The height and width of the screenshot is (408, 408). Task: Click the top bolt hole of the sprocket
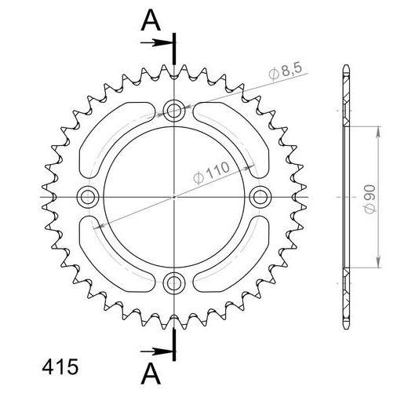pos(173,110)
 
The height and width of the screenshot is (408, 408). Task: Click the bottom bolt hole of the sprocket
pos(173,280)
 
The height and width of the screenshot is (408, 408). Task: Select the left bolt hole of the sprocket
pos(88,195)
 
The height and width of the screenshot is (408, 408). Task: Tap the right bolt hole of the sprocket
pos(258,195)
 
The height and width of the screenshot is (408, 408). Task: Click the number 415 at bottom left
pos(56,366)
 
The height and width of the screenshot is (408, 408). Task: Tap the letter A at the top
pos(147,22)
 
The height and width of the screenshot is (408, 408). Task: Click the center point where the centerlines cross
pos(173,195)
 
